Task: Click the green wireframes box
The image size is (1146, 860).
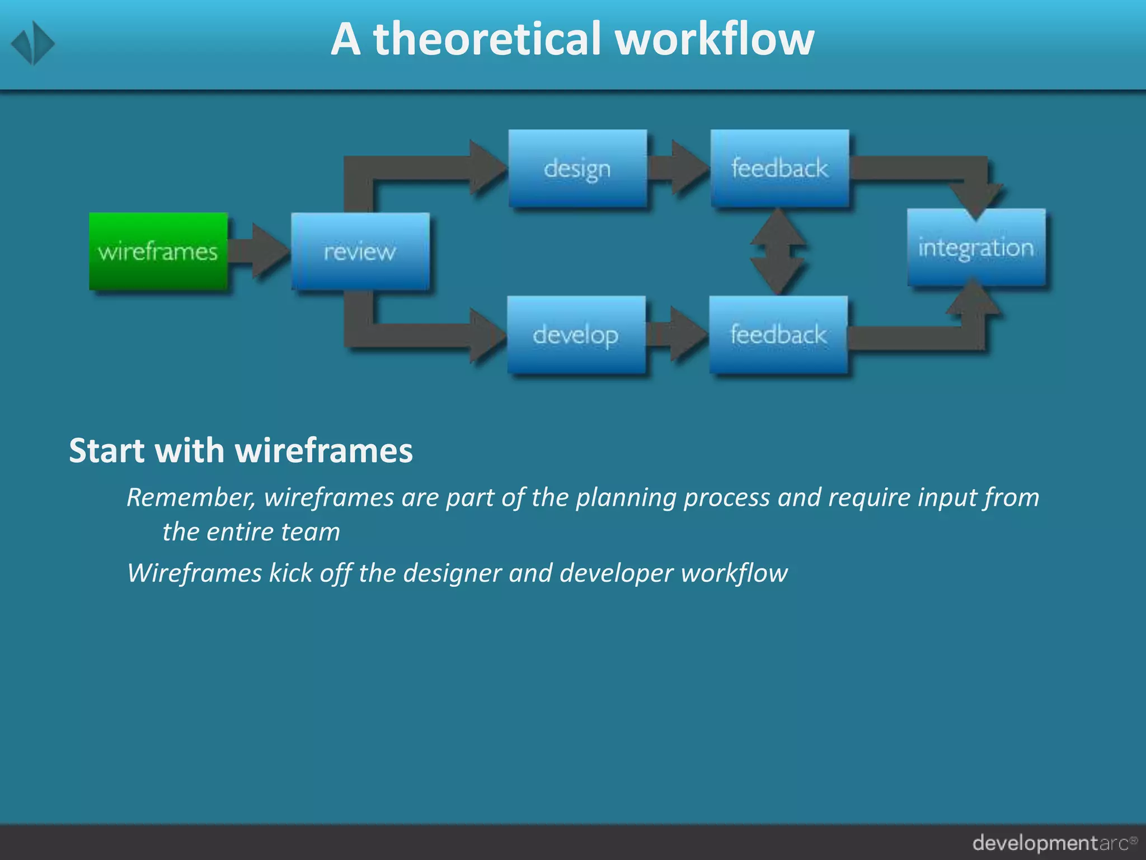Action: pos(158,251)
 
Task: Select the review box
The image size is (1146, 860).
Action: pos(360,251)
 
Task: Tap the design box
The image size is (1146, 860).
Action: pos(577,169)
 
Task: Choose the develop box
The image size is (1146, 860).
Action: pos(576,335)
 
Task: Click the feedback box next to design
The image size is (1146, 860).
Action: pos(779,169)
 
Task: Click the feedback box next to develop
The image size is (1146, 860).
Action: pos(778,335)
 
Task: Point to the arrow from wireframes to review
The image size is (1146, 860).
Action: pos(260,251)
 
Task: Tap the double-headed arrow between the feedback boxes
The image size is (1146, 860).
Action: pos(778,251)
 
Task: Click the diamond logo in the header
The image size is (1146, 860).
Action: pos(32,43)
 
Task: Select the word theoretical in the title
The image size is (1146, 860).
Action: pos(486,39)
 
